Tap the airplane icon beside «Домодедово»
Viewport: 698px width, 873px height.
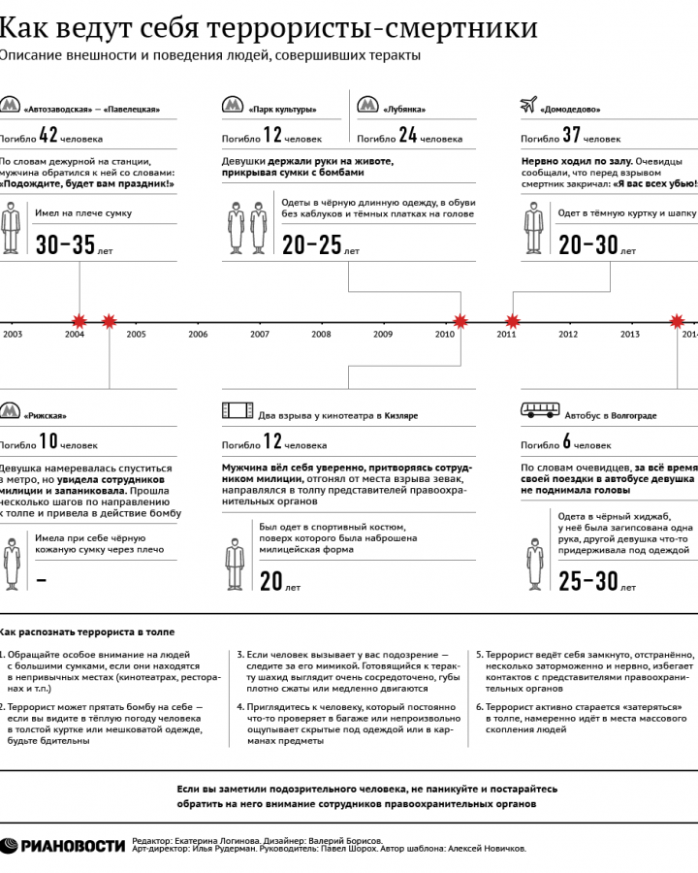(528, 105)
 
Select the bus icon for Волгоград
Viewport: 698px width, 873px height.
(538, 410)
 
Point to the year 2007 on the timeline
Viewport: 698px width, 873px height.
(259, 335)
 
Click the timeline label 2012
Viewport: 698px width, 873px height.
(568, 335)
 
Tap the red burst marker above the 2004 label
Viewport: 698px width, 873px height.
(78, 320)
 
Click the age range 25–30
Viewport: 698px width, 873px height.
(588, 580)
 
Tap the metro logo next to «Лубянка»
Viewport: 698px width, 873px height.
(366, 106)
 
